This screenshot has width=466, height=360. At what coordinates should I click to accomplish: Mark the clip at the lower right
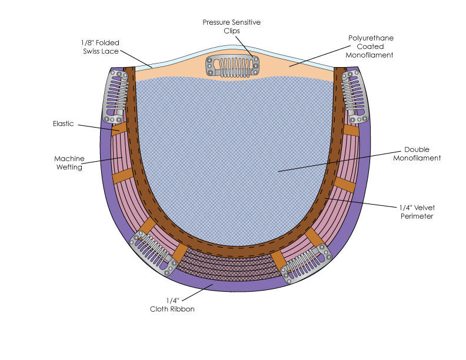pyautogui.click(x=306, y=262)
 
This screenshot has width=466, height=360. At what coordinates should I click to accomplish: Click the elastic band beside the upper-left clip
pyautogui.click(x=119, y=128)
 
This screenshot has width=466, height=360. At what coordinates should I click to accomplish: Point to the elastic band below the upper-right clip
pyautogui.click(x=351, y=130)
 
